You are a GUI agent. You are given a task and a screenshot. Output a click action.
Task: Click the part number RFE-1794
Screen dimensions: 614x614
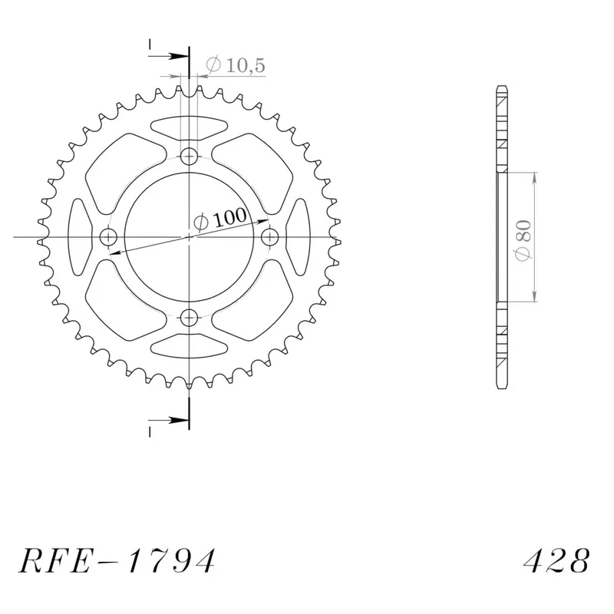pos(117,561)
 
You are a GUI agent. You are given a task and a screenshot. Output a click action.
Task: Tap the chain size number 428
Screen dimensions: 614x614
pos(556,561)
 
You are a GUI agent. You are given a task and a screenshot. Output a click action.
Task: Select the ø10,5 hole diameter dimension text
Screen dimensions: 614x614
pos(236,64)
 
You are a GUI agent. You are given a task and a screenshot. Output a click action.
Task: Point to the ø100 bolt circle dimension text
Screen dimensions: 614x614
pos(220,219)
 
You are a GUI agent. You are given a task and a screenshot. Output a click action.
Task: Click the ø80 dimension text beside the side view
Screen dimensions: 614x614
pos(523,240)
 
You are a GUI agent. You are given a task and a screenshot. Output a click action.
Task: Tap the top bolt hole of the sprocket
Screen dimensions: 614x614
pos(189,157)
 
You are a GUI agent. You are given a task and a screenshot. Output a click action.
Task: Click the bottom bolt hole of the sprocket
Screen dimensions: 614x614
pos(189,317)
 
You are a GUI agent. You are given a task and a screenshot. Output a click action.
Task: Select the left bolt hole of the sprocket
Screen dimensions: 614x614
pos(108,237)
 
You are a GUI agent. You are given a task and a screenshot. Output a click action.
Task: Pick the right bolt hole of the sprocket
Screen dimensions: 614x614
pos(270,237)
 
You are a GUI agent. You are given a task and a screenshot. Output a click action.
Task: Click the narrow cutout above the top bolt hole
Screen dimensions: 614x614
pos(189,127)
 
